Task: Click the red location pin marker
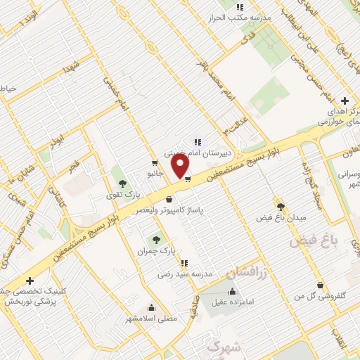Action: click(x=181, y=166)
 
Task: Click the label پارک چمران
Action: click(x=155, y=250)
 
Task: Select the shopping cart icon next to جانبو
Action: click(x=155, y=163)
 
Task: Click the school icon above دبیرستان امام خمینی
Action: click(x=198, y=141)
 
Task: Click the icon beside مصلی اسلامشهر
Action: click(x=151, y=307)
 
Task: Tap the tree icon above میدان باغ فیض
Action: click(x=281, y=206)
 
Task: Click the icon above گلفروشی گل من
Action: click(x=321, y=285)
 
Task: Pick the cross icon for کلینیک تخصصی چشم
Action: click(x=30, y=281)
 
